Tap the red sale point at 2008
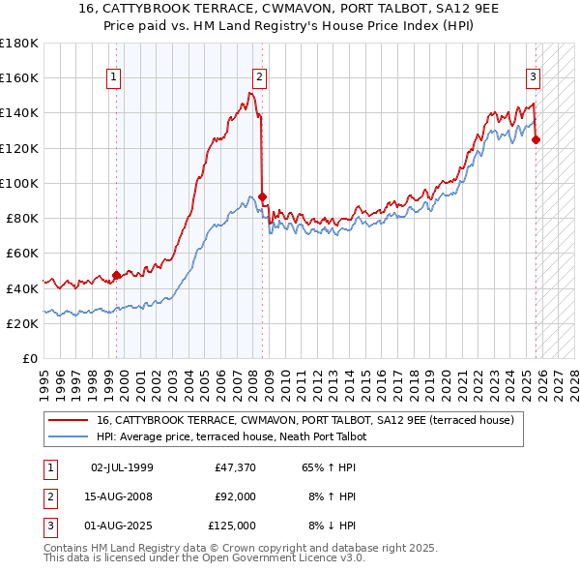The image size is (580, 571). click(x=263, y=196)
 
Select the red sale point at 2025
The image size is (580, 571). click(x=536, y=139)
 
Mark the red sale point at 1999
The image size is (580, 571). click(x=117, y=275)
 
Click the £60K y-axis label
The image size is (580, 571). click(x=21, y=253)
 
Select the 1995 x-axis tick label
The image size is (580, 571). click(x=43, y=377)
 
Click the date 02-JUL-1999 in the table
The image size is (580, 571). click(x=121, y=467)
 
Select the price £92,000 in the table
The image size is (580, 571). click(x=235, y=496)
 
